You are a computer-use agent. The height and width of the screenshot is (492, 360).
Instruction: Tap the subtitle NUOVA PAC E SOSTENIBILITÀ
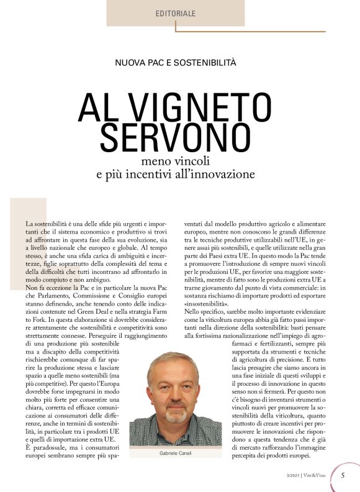coord(175,63)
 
